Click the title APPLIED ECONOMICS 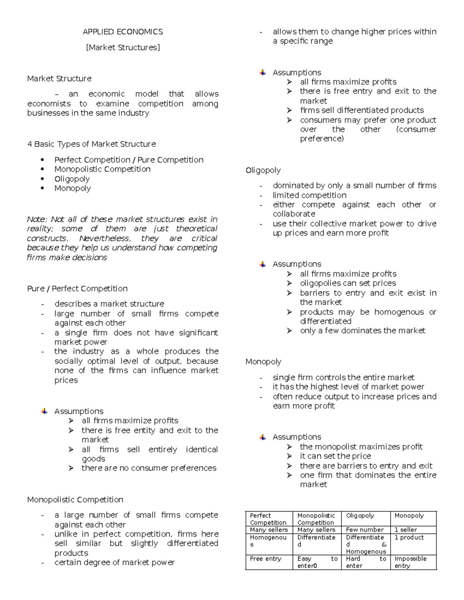123,32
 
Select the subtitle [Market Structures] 123,48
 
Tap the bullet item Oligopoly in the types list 72,179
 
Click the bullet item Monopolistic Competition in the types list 102,169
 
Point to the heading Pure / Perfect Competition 77,289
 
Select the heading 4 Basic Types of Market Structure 91,144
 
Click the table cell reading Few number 364,530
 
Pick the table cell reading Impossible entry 410,562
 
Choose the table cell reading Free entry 265,559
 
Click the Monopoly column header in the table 409,515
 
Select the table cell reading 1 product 409,537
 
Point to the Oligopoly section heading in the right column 263,170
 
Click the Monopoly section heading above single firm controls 263,362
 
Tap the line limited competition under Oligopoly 309,195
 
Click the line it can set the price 335,456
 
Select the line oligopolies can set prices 348,283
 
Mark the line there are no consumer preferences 148,468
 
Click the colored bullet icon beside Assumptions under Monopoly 263,437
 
